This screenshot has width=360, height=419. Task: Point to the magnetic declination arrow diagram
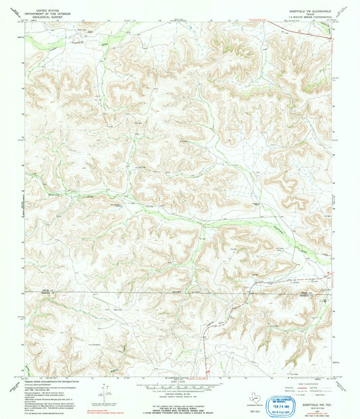[x=103, y=390]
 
